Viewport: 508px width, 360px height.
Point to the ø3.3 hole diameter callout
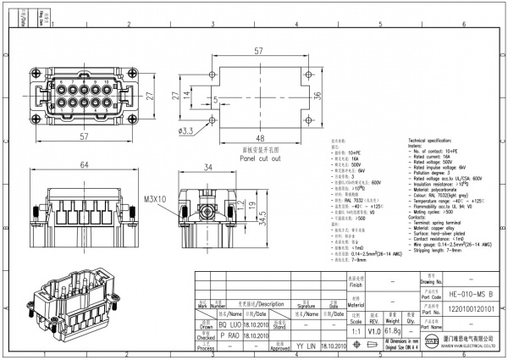186,131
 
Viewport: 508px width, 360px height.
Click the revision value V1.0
374,331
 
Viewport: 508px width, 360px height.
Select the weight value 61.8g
392,331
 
